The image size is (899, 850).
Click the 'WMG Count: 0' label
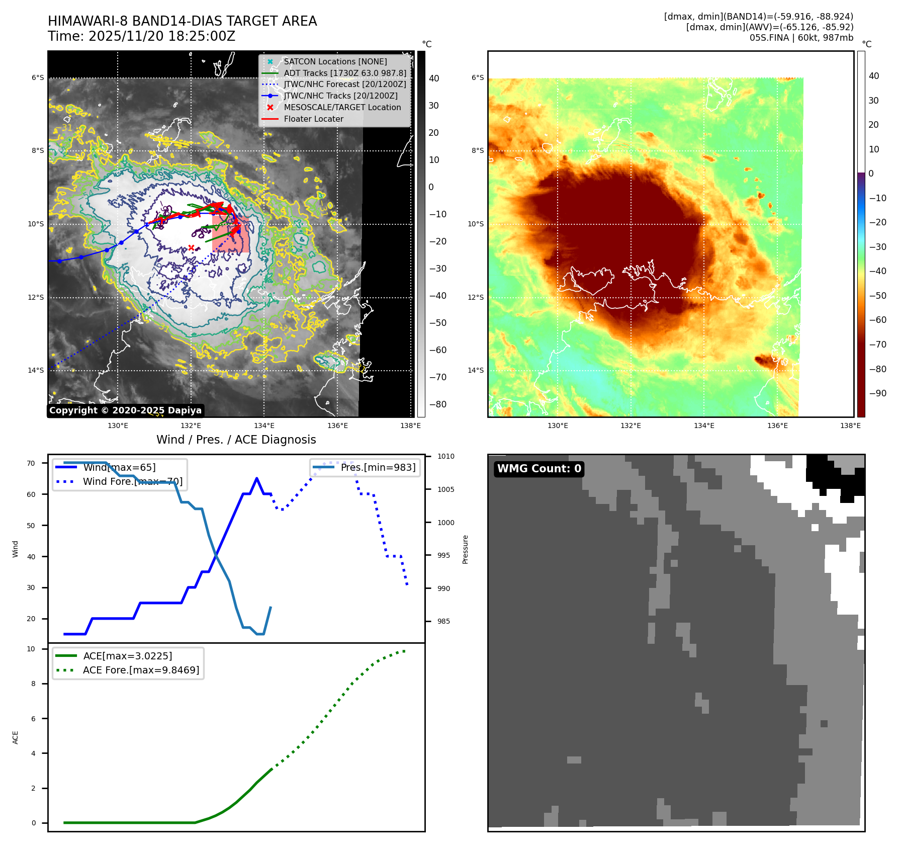coord(539,469)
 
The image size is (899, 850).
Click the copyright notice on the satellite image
coord(125,410)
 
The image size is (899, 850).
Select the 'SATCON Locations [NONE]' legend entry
coord(335,61)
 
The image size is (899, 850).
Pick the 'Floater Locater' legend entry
coord(313,119)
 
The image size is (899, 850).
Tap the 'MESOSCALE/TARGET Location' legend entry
coord(342,107)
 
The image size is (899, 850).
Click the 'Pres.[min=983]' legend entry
coord(378,467)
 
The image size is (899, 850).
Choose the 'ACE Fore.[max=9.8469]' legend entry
coord(141,670)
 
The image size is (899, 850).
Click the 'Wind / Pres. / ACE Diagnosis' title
coord(236,440)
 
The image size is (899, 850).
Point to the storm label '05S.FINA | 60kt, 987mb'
coord(801,38)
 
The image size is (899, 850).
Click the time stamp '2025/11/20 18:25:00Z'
coord(162,36)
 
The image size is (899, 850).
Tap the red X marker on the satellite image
coord(191,247)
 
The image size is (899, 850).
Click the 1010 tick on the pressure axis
coord(445,456)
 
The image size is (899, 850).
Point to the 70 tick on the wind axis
coord(31,463)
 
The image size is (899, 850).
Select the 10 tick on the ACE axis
coord(31,649)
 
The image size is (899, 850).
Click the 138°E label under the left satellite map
coord(410,426)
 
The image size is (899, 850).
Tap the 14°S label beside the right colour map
coord(476,370)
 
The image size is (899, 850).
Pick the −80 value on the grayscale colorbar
coord(437,404)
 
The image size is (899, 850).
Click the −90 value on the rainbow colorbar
coord(878,393)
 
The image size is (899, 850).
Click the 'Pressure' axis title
coord(466,549)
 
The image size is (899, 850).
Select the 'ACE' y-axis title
coord(16,737)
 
